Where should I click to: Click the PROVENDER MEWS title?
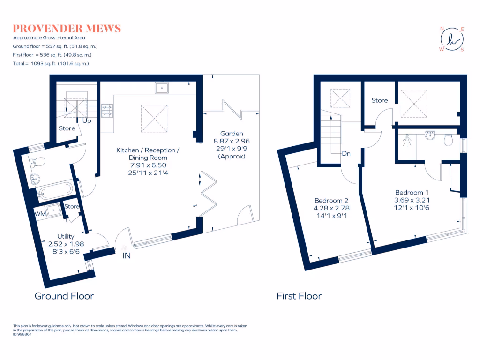[67, 29]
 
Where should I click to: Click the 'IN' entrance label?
[127, 256]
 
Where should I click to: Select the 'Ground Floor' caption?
[64, 296]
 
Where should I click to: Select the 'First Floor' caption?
[299, 296]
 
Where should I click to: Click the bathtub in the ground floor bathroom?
[55, 190]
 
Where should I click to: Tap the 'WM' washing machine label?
[40, 214]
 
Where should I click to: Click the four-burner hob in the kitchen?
[107, 110]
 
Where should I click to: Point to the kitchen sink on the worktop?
[163, 88]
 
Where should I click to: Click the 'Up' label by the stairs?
[87, 121]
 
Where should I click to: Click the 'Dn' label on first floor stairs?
[346, 153]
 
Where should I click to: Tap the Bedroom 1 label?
[412, 192]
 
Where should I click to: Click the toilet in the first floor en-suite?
[448, 139]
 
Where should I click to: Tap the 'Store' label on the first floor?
[380, 100]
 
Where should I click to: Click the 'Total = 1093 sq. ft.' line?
[51, 63]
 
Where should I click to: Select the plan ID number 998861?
[23, 335]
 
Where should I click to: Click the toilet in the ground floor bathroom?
[38, 162]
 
